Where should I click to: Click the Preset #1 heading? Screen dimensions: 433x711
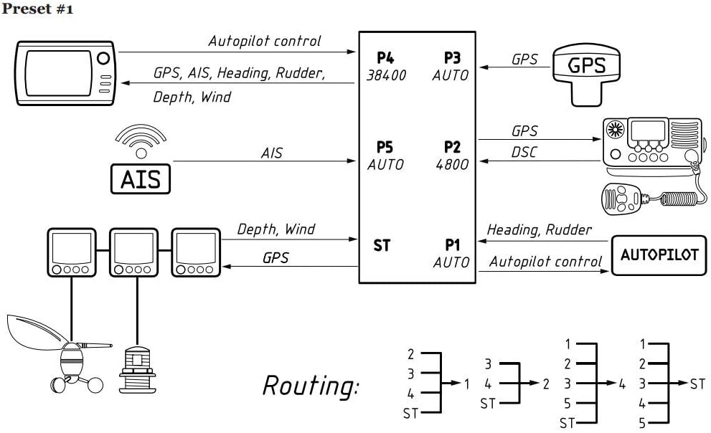coord(37,10)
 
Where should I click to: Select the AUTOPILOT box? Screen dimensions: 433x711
coord(659,254)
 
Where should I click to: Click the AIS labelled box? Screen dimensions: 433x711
coord(141,179)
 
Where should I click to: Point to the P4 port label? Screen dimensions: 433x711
coord(385,58)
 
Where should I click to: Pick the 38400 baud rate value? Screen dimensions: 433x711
coord(387,75)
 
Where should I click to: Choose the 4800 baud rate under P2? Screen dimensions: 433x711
coord(452,164)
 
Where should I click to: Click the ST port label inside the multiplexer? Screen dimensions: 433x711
coord(382,245)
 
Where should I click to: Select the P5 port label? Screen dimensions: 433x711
coord(385,147)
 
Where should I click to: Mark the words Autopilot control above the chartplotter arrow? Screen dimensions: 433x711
coord(265,41)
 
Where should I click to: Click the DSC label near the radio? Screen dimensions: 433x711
coord(524,153)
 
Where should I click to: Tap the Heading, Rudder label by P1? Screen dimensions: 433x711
coord(540,229)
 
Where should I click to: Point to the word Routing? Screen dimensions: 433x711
coord(310,386)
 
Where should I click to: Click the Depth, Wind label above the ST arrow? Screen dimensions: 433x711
coord(276,229)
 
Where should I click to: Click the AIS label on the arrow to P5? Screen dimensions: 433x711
coord(271,153)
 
